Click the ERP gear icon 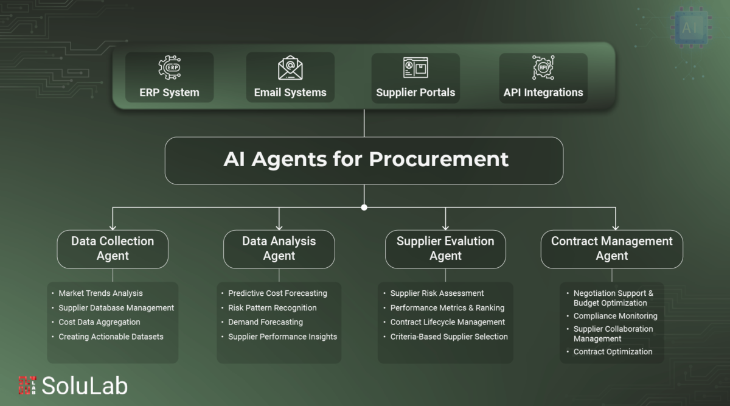click(x=170, y=68)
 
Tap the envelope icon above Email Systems click(x=290, y=68)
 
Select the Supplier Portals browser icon click(x=415, y=68)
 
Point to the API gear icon click(x=543, y=68)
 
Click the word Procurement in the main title click(x=439, y=159)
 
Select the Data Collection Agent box click(x=113, y=249)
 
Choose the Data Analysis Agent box click(x=279, y=249)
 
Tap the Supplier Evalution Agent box click(x=445, y=249)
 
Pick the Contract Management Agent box click(x=612, y=249)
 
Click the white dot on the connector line click(x=364, y=208)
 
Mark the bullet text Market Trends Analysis click(x=100, y=293)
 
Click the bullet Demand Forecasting click(x=265, y=322)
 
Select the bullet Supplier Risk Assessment click(x=437, y=293)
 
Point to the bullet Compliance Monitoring click(x=615, y=316)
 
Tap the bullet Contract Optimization click(x=613, y=352)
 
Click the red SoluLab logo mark click(x=27, y=385)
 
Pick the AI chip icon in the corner click(x=691, y=28)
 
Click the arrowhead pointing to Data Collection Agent click(x=113, y=226)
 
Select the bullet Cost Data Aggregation click(x=99, y=322)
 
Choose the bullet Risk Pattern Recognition click(x=272, y=308)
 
